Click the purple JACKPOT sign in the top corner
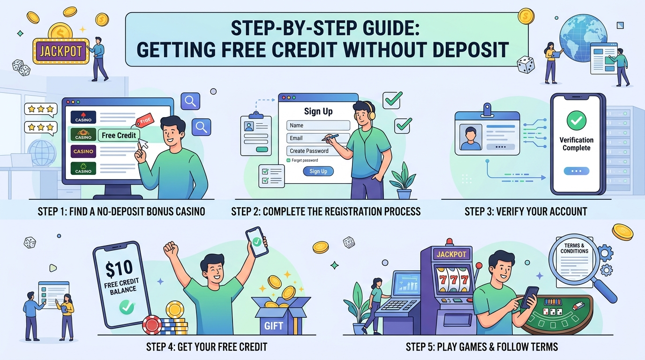pyautogui.click(x=61, y=51)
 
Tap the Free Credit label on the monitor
pyautogui.click(x=119, y=135)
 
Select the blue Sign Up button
pyautogui.click(x=318, y=171)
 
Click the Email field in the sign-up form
pyautogui.click(x=318, y=138)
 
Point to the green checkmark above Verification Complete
pyautogui.click(x=577, y=120)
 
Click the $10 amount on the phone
pyautogui.click(x=119, y=269)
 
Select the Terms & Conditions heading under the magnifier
pyautogui.click(x=574, y=248)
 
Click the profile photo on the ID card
pyautogui.click(x=471, y=137)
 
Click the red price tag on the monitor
pyautogui.click(x=144, y=120)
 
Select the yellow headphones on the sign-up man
pyautogui.click(x=370, y=112)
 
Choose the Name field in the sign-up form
pyautogui.click(x=318, y=125)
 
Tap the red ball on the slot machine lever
pyautogui.click(x=479, y=266)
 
